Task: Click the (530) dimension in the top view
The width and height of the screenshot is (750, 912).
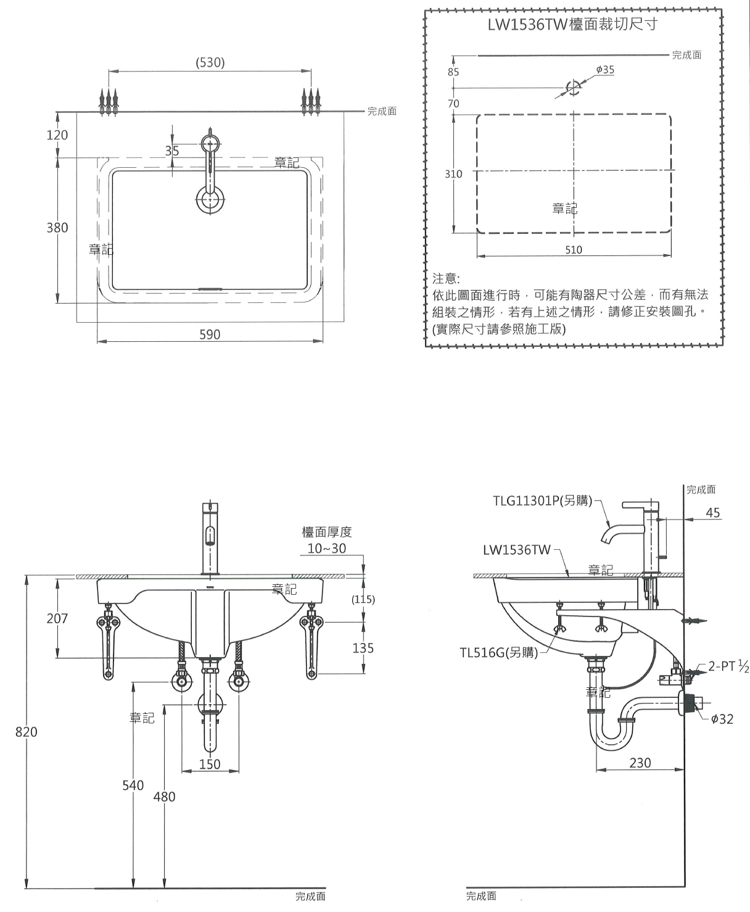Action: [x=210, y=62]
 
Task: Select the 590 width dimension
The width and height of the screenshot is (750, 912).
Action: [x=210, y=334]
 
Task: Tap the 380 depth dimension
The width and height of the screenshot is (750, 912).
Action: [x=57, y=228]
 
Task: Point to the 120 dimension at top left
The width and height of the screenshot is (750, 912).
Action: [x=57, y=135]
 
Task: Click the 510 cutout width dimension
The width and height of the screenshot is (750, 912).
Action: [x=574, y=250]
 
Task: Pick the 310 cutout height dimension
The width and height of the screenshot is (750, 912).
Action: [x=453, y=174]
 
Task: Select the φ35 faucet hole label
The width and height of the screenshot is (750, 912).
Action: [x=605, y=70]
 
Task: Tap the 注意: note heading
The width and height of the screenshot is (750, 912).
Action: [x=447, y=279]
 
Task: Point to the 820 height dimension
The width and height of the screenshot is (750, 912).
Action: [x=27, y=732]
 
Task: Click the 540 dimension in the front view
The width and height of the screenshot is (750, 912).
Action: [x=133, y=785]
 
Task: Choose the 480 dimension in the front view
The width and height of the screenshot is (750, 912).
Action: [x=164, y=797]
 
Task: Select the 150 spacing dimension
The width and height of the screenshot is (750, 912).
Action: [x=210, y=765]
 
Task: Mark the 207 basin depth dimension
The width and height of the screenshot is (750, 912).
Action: [x=57, y=618]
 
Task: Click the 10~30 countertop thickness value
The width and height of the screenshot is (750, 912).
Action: [x=327, y=549]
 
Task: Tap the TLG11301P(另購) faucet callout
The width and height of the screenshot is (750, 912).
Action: [x=543, y=500]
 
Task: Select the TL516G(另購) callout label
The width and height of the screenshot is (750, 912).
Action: [x=498, y=652]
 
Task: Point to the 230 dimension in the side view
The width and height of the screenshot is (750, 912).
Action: [x=640, y=763]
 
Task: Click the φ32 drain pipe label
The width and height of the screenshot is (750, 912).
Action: [x=722, y=719]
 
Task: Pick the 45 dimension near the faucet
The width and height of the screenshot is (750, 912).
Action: [x=712, y=513]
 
